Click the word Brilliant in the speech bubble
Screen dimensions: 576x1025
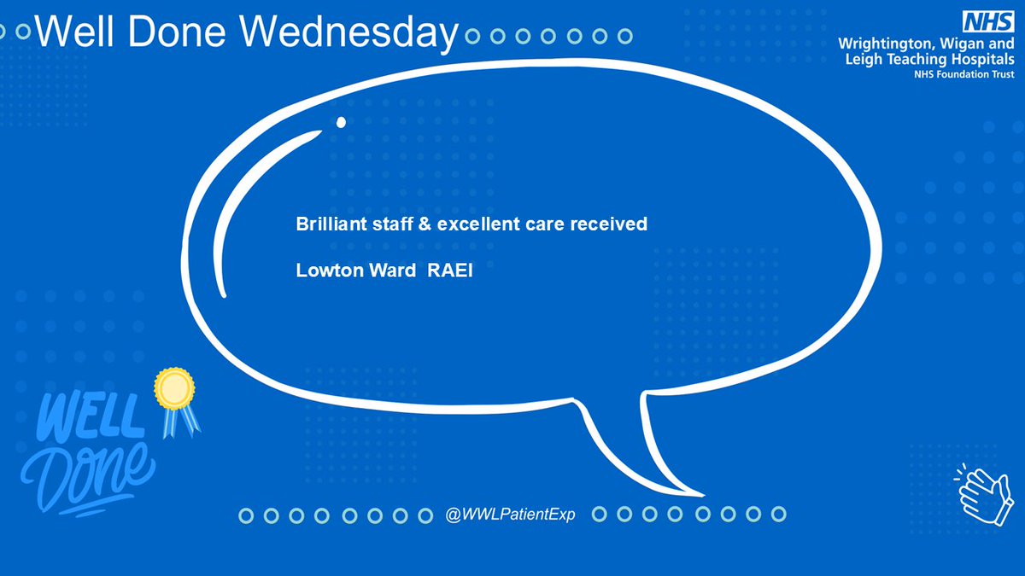click(x=324, y=225)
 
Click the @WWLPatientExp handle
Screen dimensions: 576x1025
click(x=511, y=515)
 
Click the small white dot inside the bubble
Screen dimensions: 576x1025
click(x=341, y=122)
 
